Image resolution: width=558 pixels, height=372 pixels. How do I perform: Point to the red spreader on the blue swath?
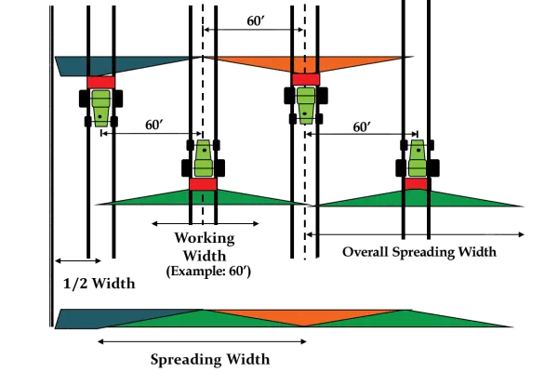100,82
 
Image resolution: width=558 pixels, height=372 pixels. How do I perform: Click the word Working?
203,237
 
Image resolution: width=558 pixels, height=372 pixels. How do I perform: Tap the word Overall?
365,253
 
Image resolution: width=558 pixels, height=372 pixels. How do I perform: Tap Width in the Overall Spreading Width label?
473,253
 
